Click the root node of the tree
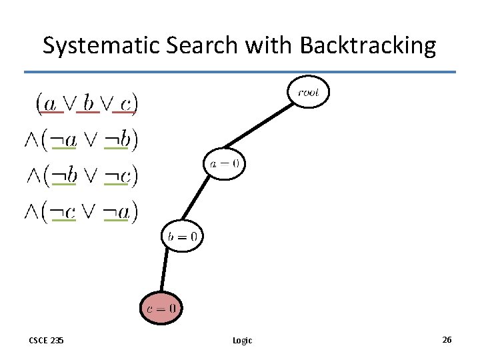[309, 92]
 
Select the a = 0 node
[225, 163]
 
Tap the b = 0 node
[182, 235]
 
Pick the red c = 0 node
[161, 308]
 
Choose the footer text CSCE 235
[46, 340]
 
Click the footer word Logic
[242, 341]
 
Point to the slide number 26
[447, 340]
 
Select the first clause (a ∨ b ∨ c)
[87, 103]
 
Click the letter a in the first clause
[49, 103]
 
